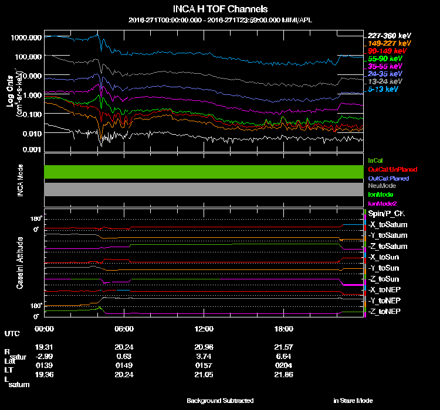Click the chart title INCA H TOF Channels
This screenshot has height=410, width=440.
pyautogui.click(x=220, y=9)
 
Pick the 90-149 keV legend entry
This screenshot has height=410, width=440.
pyautogui.click(x=385, y=51)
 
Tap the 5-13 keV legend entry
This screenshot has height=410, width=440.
pyautogui.click(x=383, y=89)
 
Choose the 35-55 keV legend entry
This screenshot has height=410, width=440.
pyautogui.click(x=385, y=66)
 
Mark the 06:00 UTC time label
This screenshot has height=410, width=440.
pyautogui.click(x=124, y=328)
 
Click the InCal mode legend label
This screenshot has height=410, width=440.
pyautogui.click(x=375, y=160)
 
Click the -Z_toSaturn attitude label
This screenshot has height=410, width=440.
pyautogui.click(x=388, y=247)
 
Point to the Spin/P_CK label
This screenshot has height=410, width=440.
pyautogui.click(x=385, y=214)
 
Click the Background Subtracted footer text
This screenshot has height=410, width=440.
pyautogui.click(x=220, y=401)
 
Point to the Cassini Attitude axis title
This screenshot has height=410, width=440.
pyautogui.click(x=20, y=263)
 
